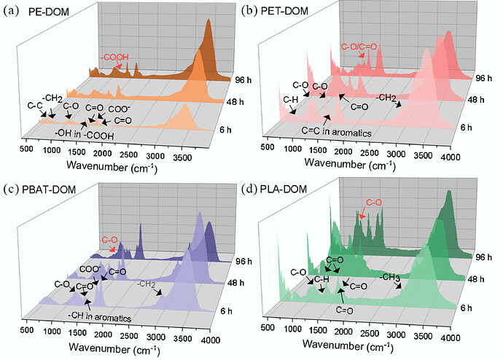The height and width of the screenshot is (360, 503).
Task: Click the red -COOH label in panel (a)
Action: click(119, 56)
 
